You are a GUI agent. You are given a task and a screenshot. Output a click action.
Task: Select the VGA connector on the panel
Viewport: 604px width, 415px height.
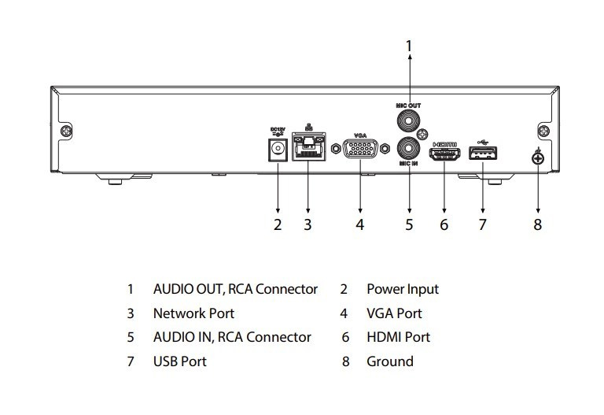(x=360, y=150)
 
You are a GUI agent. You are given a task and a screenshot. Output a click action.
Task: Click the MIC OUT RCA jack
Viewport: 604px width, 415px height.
(x=408, y=120)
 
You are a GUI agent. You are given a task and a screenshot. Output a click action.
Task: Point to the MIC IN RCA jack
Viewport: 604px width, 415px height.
(x=409, y=146)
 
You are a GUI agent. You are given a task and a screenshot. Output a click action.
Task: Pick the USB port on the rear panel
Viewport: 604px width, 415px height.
(x=482, y=153)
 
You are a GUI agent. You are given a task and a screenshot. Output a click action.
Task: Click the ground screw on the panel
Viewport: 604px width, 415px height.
(x=538, y=158)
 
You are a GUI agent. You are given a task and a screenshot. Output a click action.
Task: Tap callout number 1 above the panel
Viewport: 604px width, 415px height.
(x=408, y=46)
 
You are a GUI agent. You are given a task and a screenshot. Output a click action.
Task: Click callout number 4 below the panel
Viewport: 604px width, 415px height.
(x=360, y=225)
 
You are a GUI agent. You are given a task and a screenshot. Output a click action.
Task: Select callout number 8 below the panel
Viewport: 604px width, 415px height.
(x=538, y=225)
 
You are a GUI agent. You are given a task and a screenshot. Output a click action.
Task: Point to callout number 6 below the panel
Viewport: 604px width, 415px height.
(x=444, y=225)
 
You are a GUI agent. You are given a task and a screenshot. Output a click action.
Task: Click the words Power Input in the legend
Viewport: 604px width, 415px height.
(x=403, y=289)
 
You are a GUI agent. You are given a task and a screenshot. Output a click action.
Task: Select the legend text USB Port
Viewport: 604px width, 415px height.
(x=179, y=361)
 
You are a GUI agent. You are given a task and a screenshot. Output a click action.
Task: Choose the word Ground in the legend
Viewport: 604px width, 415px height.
(x=389, y=361)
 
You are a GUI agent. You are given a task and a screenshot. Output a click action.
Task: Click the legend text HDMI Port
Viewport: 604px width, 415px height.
(x=398, y=337)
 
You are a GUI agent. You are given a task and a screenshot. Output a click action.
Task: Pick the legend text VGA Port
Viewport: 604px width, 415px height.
(x=394, y=313)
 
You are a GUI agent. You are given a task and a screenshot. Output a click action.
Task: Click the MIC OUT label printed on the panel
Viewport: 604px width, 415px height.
(x=409, y=104)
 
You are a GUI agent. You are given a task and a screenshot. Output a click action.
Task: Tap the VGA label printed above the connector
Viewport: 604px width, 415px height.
(x=360, y=135)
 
